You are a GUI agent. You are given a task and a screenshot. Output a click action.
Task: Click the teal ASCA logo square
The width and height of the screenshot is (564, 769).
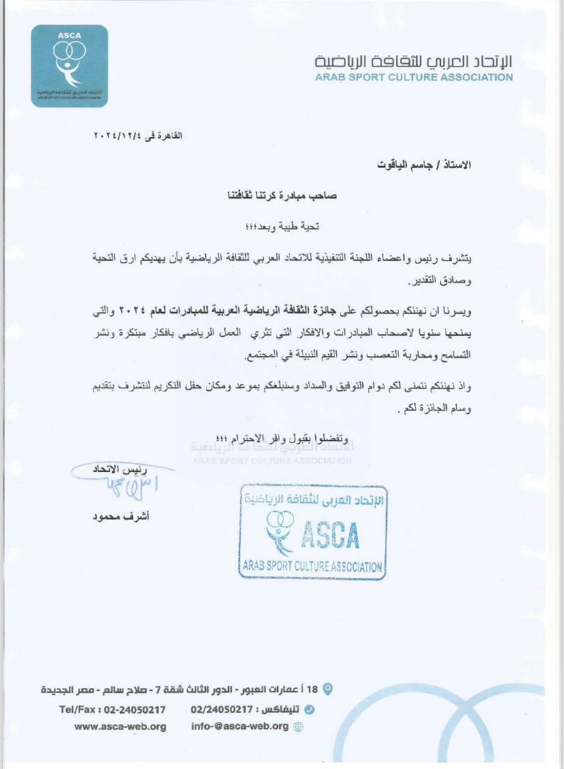(69, 66)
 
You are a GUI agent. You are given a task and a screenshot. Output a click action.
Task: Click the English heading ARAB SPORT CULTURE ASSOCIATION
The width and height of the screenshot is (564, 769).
(413, 78)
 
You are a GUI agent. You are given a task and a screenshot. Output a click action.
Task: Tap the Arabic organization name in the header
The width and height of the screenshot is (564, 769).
(413, 61)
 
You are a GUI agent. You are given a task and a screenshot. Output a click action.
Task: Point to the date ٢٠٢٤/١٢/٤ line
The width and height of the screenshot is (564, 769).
(139, 136)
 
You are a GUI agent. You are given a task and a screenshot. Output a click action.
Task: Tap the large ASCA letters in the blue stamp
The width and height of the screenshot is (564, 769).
(330, 536)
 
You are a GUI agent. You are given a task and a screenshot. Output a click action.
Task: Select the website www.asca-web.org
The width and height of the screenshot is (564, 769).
(121, 726)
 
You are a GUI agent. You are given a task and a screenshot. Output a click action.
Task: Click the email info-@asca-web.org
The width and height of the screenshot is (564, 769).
(240, 726)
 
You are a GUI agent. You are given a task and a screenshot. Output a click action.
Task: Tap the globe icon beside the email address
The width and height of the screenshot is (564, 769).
(298, 727)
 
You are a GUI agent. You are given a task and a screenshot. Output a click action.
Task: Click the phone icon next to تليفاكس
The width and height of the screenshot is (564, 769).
(311, 709)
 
